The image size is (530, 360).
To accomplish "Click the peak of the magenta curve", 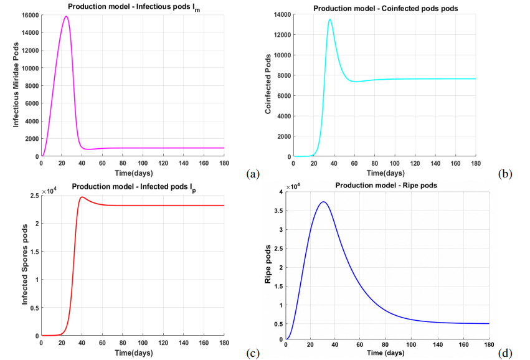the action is [x=66, y=16].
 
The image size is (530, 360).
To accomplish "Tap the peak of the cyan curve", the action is [x=330, y=19].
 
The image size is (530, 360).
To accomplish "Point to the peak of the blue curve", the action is [x=323, y=202].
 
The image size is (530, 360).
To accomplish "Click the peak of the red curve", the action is [x=82, y=197].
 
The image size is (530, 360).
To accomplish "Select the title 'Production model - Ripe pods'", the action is [x=386, y=185].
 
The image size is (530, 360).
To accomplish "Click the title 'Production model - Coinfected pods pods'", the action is [x=386, y=9].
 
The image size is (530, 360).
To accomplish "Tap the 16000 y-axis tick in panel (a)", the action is [x=30, y=15].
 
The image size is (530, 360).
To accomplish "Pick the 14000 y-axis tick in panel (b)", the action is [x=282, y=14].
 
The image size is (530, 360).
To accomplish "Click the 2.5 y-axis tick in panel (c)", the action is [x=34, y=196].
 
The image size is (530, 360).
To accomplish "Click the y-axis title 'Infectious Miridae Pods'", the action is [x=16, y=85].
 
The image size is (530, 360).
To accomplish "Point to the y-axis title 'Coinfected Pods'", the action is [x=268, y=84].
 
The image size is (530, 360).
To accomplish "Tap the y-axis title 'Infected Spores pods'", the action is [x=25, y=265].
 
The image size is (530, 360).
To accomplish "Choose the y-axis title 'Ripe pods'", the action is [x=268, y=264].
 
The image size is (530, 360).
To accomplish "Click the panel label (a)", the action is [x=253, y=174].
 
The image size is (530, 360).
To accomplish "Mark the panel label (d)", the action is [x=505, y=353].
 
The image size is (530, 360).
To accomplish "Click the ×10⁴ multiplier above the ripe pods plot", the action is [x=292, y=187].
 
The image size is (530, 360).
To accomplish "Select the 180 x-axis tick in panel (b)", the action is [x=476, y=164].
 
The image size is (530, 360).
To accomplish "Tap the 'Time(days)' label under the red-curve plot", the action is [x=133, y=353].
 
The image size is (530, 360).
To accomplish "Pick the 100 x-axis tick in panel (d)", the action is [x=411, y=345].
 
